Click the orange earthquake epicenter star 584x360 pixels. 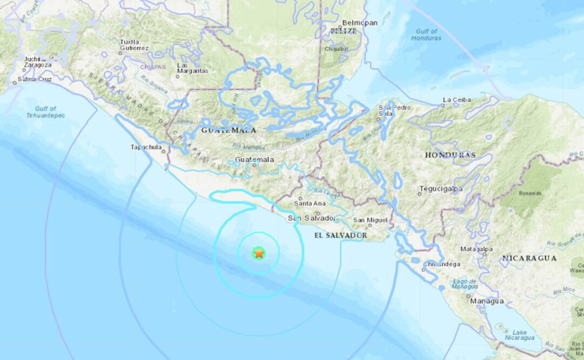259,253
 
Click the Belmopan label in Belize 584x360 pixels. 358,23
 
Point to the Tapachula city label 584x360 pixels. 147,147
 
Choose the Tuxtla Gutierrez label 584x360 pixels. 133,45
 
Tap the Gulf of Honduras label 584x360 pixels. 426,35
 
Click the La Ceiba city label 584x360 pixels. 457,100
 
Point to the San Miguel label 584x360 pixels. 370,220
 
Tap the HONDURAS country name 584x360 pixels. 450,155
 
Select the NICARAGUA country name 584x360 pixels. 529,258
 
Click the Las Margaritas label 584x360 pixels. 192,68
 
